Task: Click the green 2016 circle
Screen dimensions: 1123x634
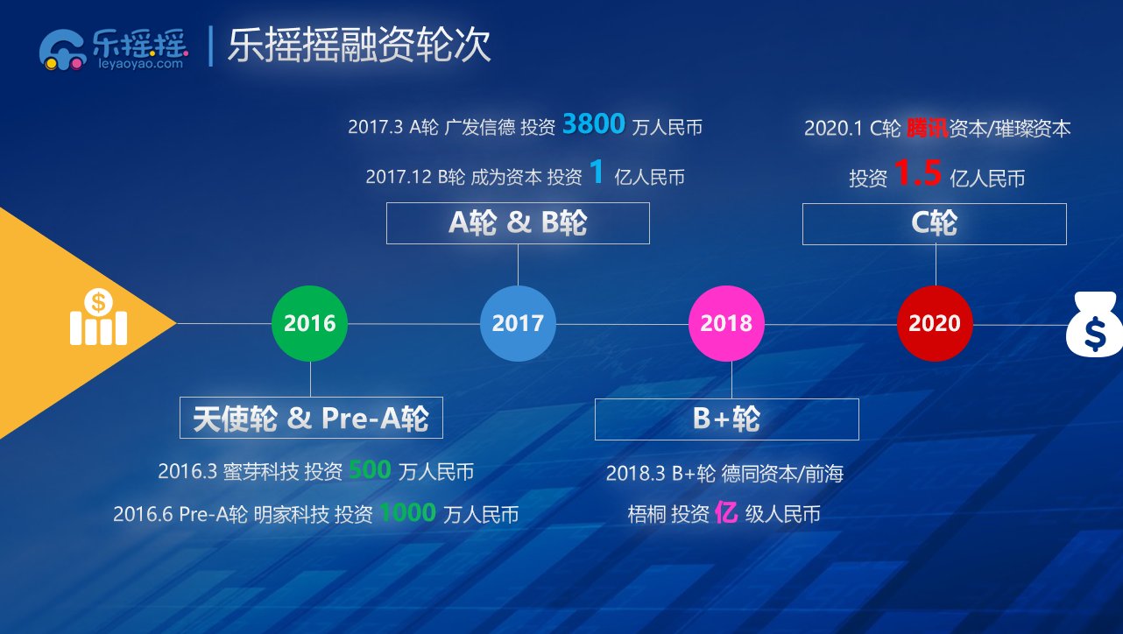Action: click(309, 323)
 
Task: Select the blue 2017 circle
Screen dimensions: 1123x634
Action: click(518, 323)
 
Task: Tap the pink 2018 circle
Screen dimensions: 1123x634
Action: click(726, 323)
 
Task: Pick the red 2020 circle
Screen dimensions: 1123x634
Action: click(935, 323)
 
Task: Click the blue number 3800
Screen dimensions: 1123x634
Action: click(594, 123)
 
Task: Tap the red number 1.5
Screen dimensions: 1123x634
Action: click(917, 173)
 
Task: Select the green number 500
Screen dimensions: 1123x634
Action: click(370, 470)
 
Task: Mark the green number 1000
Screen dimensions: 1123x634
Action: click(407, 512)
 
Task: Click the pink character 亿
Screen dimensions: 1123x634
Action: click(726, 512)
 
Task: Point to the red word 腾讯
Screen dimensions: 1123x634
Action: click(928, 129)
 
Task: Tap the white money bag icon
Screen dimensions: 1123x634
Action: click(1094, 324)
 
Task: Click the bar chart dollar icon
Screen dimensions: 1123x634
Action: click(98, 317)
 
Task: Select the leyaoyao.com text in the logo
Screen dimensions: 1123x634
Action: click(140, 64)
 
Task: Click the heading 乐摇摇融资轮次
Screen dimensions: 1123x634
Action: click(359, 46)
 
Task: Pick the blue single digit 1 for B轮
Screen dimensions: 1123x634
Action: click(597, 172)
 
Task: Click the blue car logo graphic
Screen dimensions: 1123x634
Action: click(62, 50)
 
